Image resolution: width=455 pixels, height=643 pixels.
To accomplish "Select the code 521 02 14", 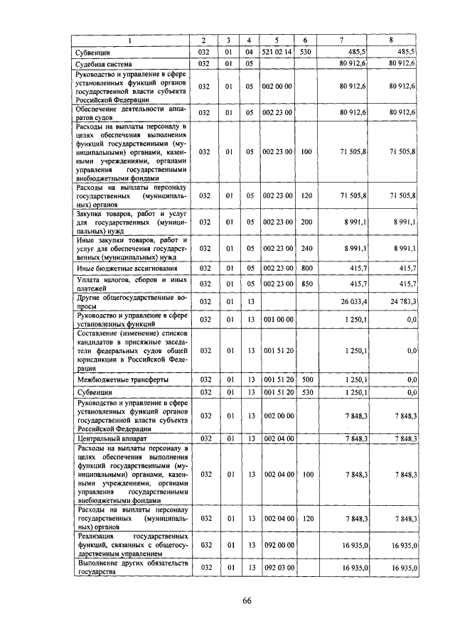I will [x=278, y=53].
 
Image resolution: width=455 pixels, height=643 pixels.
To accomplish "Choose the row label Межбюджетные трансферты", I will [x=122, y=380].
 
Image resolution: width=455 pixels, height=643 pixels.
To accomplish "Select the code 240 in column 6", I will [x=306, y=249].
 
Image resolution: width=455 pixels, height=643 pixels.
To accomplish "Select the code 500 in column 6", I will [x=306, y=380].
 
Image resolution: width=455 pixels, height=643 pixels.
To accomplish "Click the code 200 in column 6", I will [x=306, y=222].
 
